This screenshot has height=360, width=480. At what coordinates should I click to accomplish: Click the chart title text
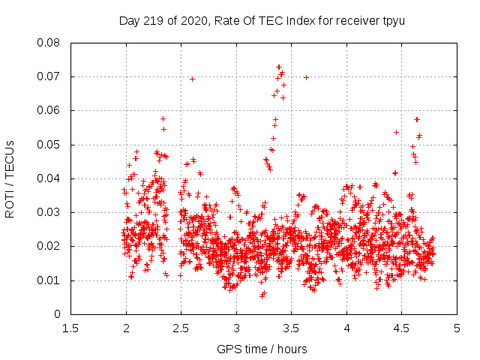(x=262, y=20)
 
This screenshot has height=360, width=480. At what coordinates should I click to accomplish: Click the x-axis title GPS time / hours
(x=262, y=349)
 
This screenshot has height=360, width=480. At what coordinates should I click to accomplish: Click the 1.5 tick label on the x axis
(x=70, y=328)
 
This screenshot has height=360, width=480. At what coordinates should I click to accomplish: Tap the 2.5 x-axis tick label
(x=181, y=328)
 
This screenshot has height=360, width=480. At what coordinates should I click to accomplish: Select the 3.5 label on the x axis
(x=291, y=328)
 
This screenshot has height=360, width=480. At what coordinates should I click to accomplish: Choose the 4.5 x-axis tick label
(x=401, y=328)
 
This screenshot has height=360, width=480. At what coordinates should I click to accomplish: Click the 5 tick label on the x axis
(x=457, y=328)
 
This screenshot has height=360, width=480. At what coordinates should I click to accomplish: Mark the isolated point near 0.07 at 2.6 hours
(x=192, y=79)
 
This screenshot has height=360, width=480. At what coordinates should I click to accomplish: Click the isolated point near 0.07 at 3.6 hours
(x=306, y=77)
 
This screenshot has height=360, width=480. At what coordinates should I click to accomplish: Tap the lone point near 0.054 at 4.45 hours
(x=396, y=132)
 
